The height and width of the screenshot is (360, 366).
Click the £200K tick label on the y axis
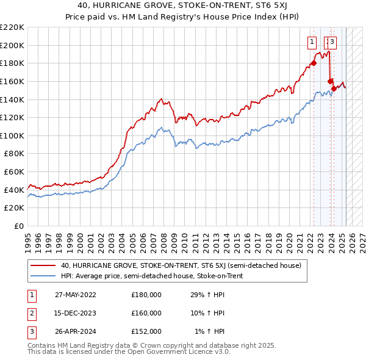click(12, 45)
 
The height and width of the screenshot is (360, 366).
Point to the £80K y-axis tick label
click(14, 154)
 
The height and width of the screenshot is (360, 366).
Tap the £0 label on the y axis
click(18, 226)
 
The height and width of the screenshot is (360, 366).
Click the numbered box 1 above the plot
click(312, 42)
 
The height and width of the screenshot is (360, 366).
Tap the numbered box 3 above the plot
click(332, 42)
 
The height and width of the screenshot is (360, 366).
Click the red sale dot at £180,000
click(314, 63)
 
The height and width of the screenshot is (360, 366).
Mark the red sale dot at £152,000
click(334, 88)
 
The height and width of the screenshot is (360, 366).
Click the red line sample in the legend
click(43, 265)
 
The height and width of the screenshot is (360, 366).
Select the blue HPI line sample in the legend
click(43, 276)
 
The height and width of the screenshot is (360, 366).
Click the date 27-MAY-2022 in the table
click(76, 295)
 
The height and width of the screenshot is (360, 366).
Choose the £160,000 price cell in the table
click(146, 313)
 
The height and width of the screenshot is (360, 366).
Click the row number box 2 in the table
click(31, 313)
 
